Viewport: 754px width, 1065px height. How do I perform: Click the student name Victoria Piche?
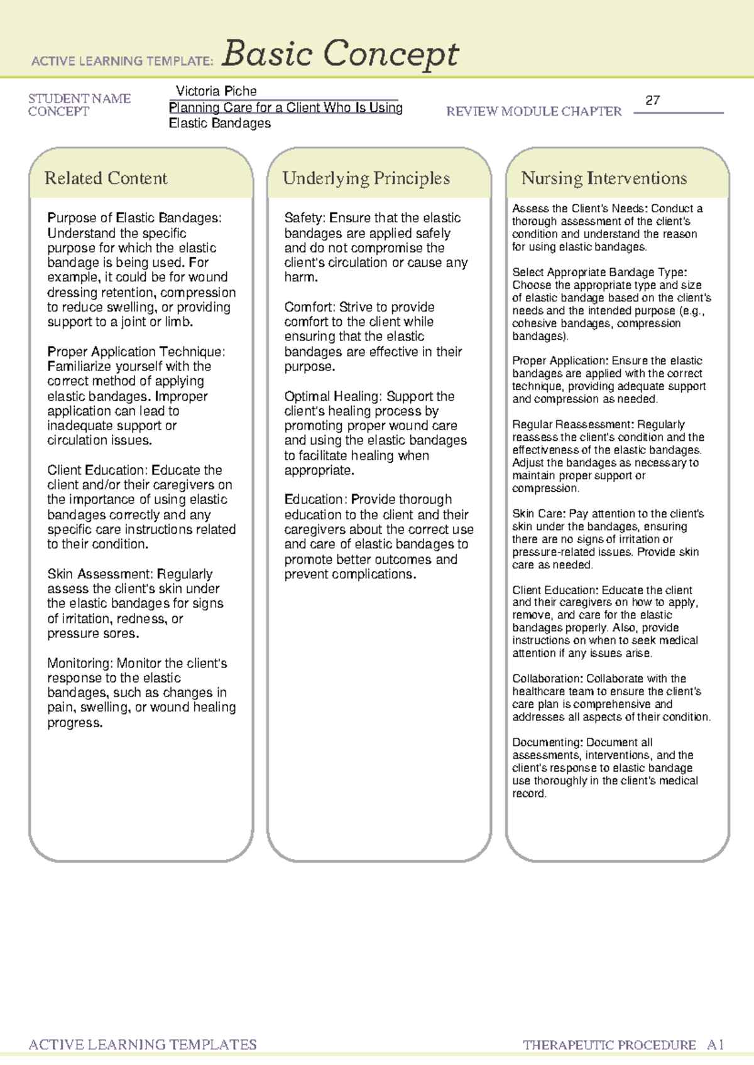click(216, 91)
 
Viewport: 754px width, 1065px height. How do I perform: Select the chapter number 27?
click(653, 100)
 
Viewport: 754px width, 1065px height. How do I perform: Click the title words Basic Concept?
click(340, 54)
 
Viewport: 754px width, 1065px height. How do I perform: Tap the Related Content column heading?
click(106, 178)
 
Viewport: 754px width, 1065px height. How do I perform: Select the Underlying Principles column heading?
click(366, 178)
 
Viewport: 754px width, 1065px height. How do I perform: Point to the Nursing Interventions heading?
click(604, 178)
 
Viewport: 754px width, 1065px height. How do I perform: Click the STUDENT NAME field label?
click(79, 99)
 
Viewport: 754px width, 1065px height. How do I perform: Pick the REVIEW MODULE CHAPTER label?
click(533, 112)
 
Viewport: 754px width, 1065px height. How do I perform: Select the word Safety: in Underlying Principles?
click(305, 218)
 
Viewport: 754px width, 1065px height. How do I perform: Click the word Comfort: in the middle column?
click(310, 307)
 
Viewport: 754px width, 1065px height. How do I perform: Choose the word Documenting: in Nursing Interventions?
click(547, 742)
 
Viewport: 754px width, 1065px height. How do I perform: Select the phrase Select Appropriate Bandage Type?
click(599, 272)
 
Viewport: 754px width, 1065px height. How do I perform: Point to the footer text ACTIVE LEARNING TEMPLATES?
click(143, 1045)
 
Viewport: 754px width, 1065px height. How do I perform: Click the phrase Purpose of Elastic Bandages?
click(134, 218)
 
